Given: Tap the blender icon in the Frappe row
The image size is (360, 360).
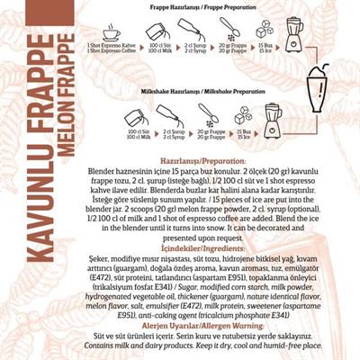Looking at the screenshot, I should pos(294,31).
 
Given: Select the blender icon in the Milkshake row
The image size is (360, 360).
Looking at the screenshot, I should pos(271,114).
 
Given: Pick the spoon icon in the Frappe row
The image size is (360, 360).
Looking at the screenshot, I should pos(227,31).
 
